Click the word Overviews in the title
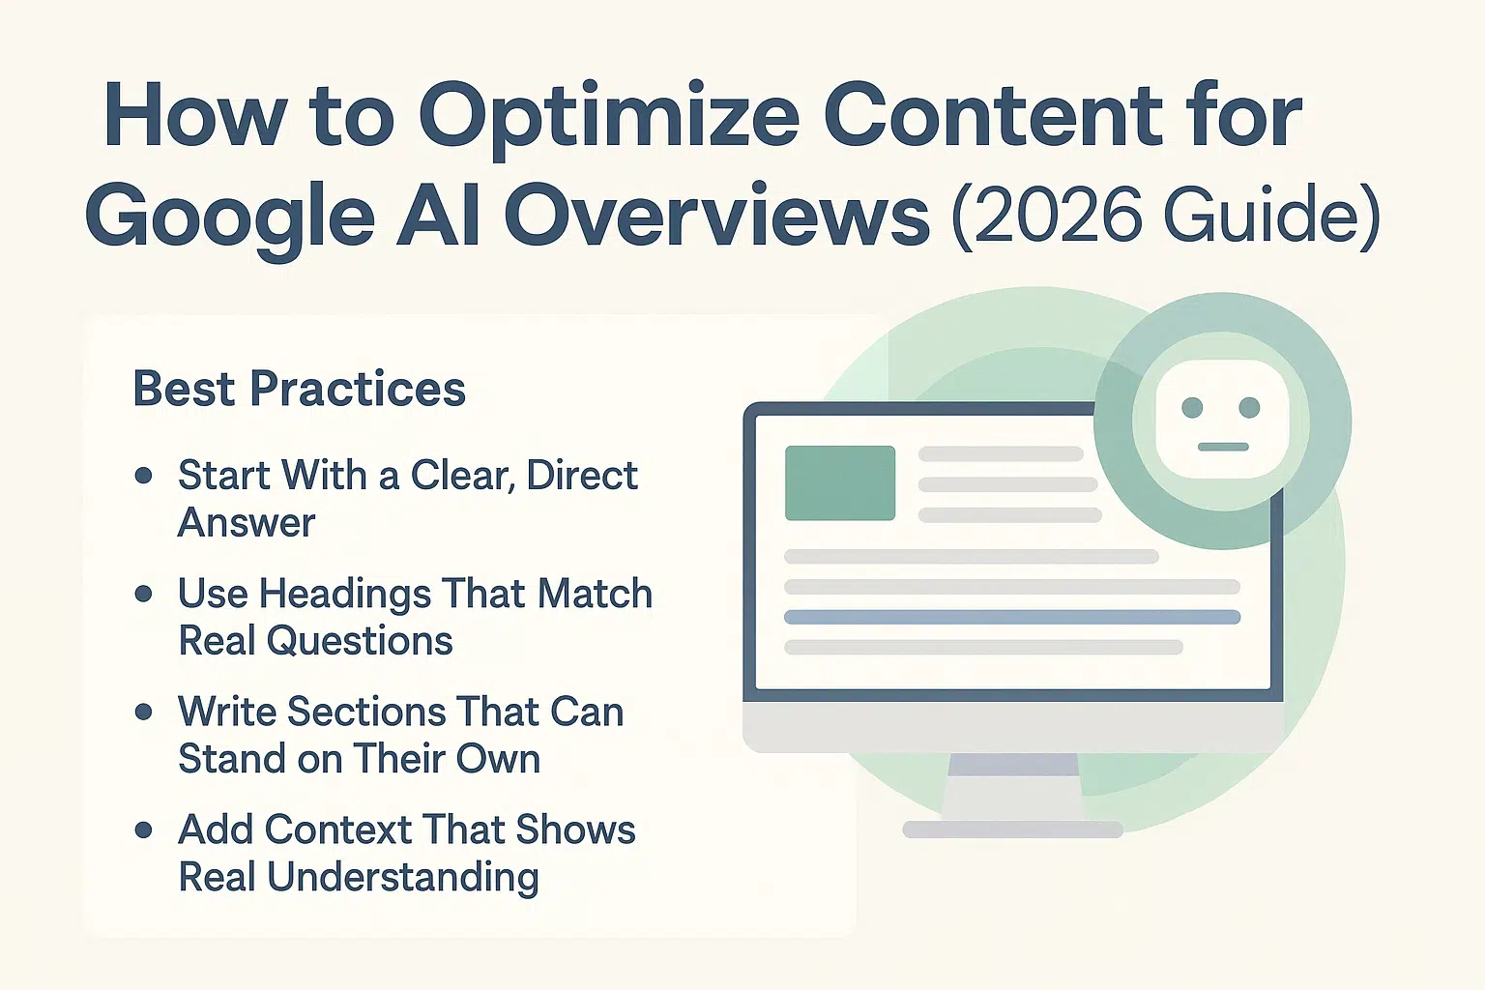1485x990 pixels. (x=716, y=215)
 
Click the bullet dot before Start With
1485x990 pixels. (x=143, y=476)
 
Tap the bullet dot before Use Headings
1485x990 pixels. (x=143, y=593)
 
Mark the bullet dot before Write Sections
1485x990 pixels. (x=143, y=712)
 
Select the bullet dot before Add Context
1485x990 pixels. (x=143, y=830)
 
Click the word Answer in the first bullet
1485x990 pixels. (x=246, y=522)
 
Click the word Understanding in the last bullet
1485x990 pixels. (x=402, y=877)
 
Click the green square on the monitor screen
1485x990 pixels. (x=840, y=482)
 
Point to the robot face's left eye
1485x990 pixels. (x=1192, y=408)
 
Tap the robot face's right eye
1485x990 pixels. (x=1249, y=408)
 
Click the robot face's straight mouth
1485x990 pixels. (x=1223, y=447)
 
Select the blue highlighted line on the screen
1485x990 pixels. (x=1012, y=618)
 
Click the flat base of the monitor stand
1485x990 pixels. (x=1012, y=829)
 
